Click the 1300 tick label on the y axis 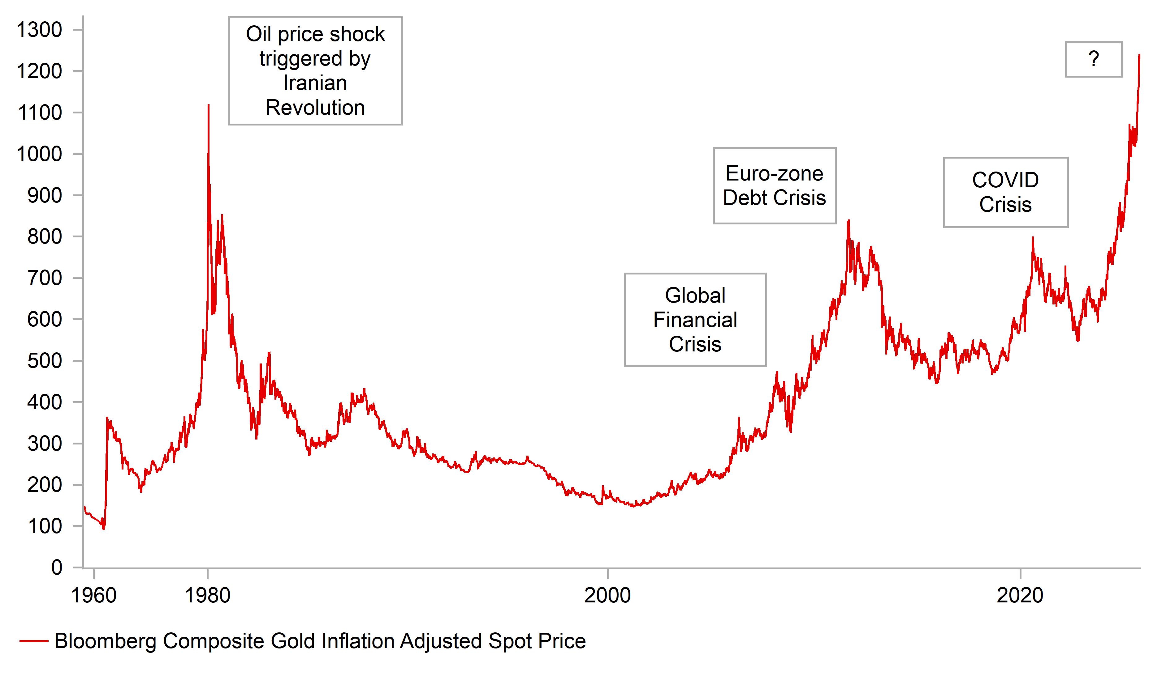[39, 30]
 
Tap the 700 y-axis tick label [45, 278]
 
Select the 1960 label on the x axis [93, 595]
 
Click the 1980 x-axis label [207, 595]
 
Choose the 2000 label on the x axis [607, 595]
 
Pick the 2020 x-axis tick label [1020, 595]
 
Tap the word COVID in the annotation [1005, 180]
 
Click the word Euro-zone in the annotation [774, 174]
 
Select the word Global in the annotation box [695, 295]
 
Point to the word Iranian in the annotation [315, 83]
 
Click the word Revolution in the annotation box [315, 108]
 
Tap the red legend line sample [34, 641]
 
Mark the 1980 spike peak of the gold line [209, 105]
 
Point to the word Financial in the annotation [695, 320]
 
